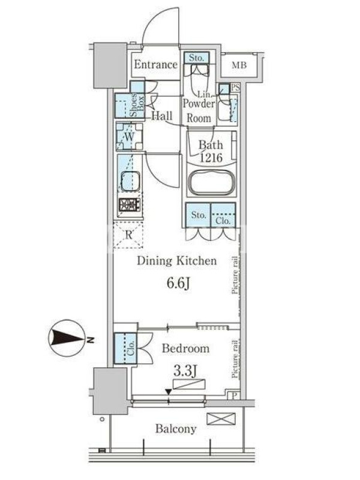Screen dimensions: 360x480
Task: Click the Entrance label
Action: pos(155,65)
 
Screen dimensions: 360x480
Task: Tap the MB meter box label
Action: pos(239,65)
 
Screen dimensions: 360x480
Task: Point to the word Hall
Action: pos(162,115)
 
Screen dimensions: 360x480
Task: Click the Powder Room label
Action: pos(199,110)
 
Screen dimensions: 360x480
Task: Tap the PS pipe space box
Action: pos(235,88)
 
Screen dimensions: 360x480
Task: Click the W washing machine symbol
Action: pos(129,137)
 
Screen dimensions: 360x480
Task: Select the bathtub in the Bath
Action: pos(212,183)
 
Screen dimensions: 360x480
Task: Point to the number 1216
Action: pos(211,158)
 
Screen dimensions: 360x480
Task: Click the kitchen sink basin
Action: pos(130,181)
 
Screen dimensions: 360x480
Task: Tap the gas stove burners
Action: pos(130,205)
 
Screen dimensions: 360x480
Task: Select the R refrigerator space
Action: pos(128,235)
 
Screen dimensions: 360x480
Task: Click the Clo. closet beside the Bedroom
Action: pos(125,349)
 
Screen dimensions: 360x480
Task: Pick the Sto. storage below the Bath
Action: pos(199,215)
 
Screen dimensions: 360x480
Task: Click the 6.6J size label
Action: pos(178,283)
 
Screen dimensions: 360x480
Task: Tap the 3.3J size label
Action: pos(185,371)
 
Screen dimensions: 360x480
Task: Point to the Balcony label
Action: pos(176,429)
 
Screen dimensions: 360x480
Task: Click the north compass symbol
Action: pos(67,338)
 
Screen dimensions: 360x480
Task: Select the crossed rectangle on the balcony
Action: pos(221,419)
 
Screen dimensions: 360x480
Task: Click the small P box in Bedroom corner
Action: pos(234,395)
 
